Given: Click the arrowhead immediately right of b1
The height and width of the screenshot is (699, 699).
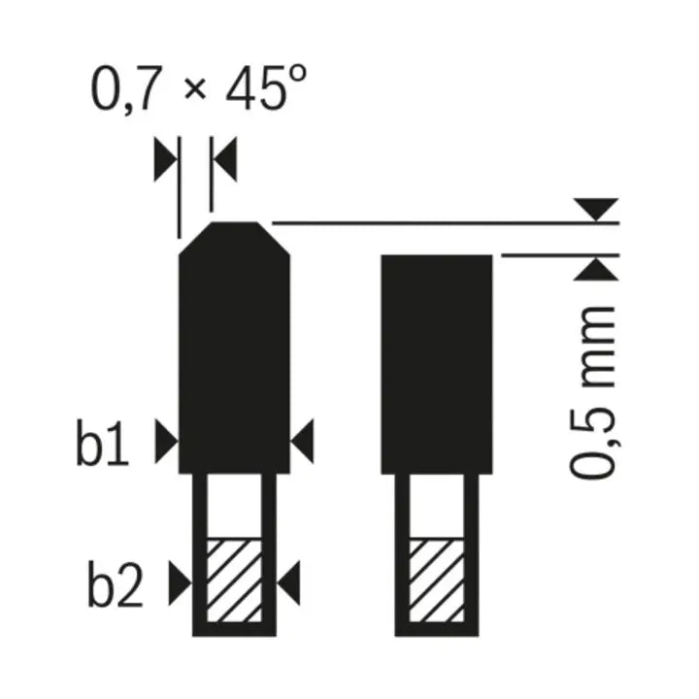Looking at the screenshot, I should (166, 443).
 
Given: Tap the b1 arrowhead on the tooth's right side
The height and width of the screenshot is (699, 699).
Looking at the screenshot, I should (303, 443).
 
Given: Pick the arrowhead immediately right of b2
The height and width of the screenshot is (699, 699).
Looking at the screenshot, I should (180, 582).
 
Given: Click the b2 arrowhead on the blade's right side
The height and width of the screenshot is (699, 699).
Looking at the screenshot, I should (289, 582).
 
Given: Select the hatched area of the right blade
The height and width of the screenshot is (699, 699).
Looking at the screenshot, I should (437, 581).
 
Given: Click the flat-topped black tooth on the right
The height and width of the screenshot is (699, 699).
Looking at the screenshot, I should (437, 359).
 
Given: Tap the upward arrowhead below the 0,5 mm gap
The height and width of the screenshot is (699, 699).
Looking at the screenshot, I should (595, 269).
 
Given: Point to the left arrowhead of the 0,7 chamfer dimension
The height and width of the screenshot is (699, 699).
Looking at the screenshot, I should (166, 159).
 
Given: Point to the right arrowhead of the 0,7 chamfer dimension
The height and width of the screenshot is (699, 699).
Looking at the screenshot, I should (224, 159).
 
